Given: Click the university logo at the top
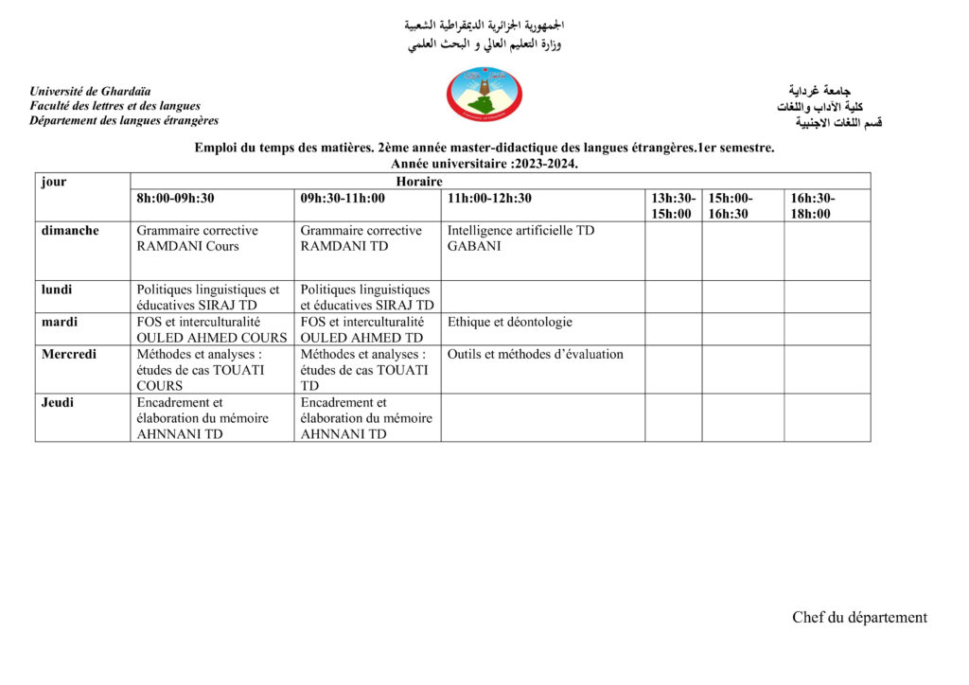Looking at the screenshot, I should click(484, 95).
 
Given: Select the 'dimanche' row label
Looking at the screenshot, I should click(70, 231).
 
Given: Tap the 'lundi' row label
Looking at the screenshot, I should click(57, 290).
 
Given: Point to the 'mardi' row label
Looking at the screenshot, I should click(58, 322).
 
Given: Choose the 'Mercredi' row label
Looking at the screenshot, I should click(69, 354).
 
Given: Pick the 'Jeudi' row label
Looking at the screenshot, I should click(58, 402).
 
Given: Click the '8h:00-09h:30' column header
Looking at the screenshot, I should click(176, 199).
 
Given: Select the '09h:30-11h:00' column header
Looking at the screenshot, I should click(343, 199).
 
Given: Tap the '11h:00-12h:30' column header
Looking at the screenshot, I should click(489, 199).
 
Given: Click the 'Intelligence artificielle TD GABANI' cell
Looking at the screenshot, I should click(520, 238).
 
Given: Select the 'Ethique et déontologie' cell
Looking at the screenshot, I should click(510, 323).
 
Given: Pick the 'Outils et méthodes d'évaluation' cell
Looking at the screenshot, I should click(536, 355).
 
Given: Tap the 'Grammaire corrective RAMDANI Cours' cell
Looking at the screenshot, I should click(197, 238).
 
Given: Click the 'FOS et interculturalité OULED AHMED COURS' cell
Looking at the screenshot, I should click(211, 329).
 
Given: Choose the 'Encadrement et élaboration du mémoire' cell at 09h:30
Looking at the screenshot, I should click(366, 418).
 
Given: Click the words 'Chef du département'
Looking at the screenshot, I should click(859, 618).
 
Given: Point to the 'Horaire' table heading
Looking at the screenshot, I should click(419, 182).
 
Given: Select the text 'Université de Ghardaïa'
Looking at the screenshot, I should click(90, 92).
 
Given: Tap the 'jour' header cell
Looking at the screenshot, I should click(54, 182).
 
